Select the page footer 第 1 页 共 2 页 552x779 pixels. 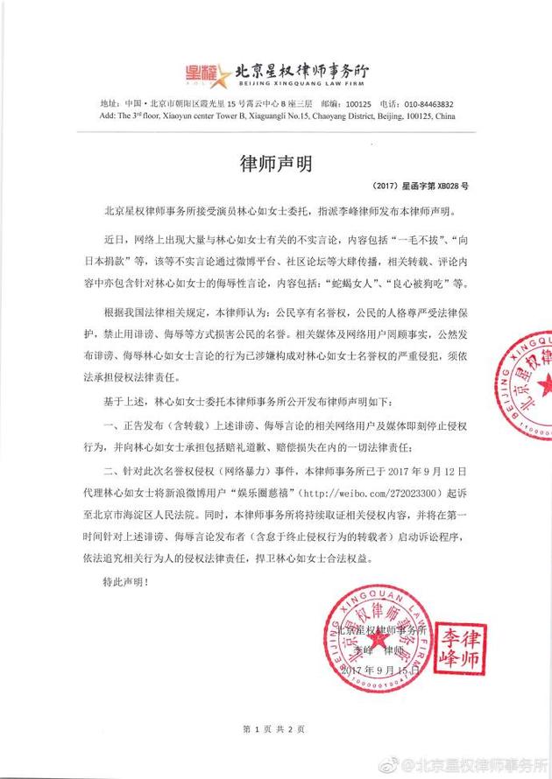[x=275, y=729]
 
